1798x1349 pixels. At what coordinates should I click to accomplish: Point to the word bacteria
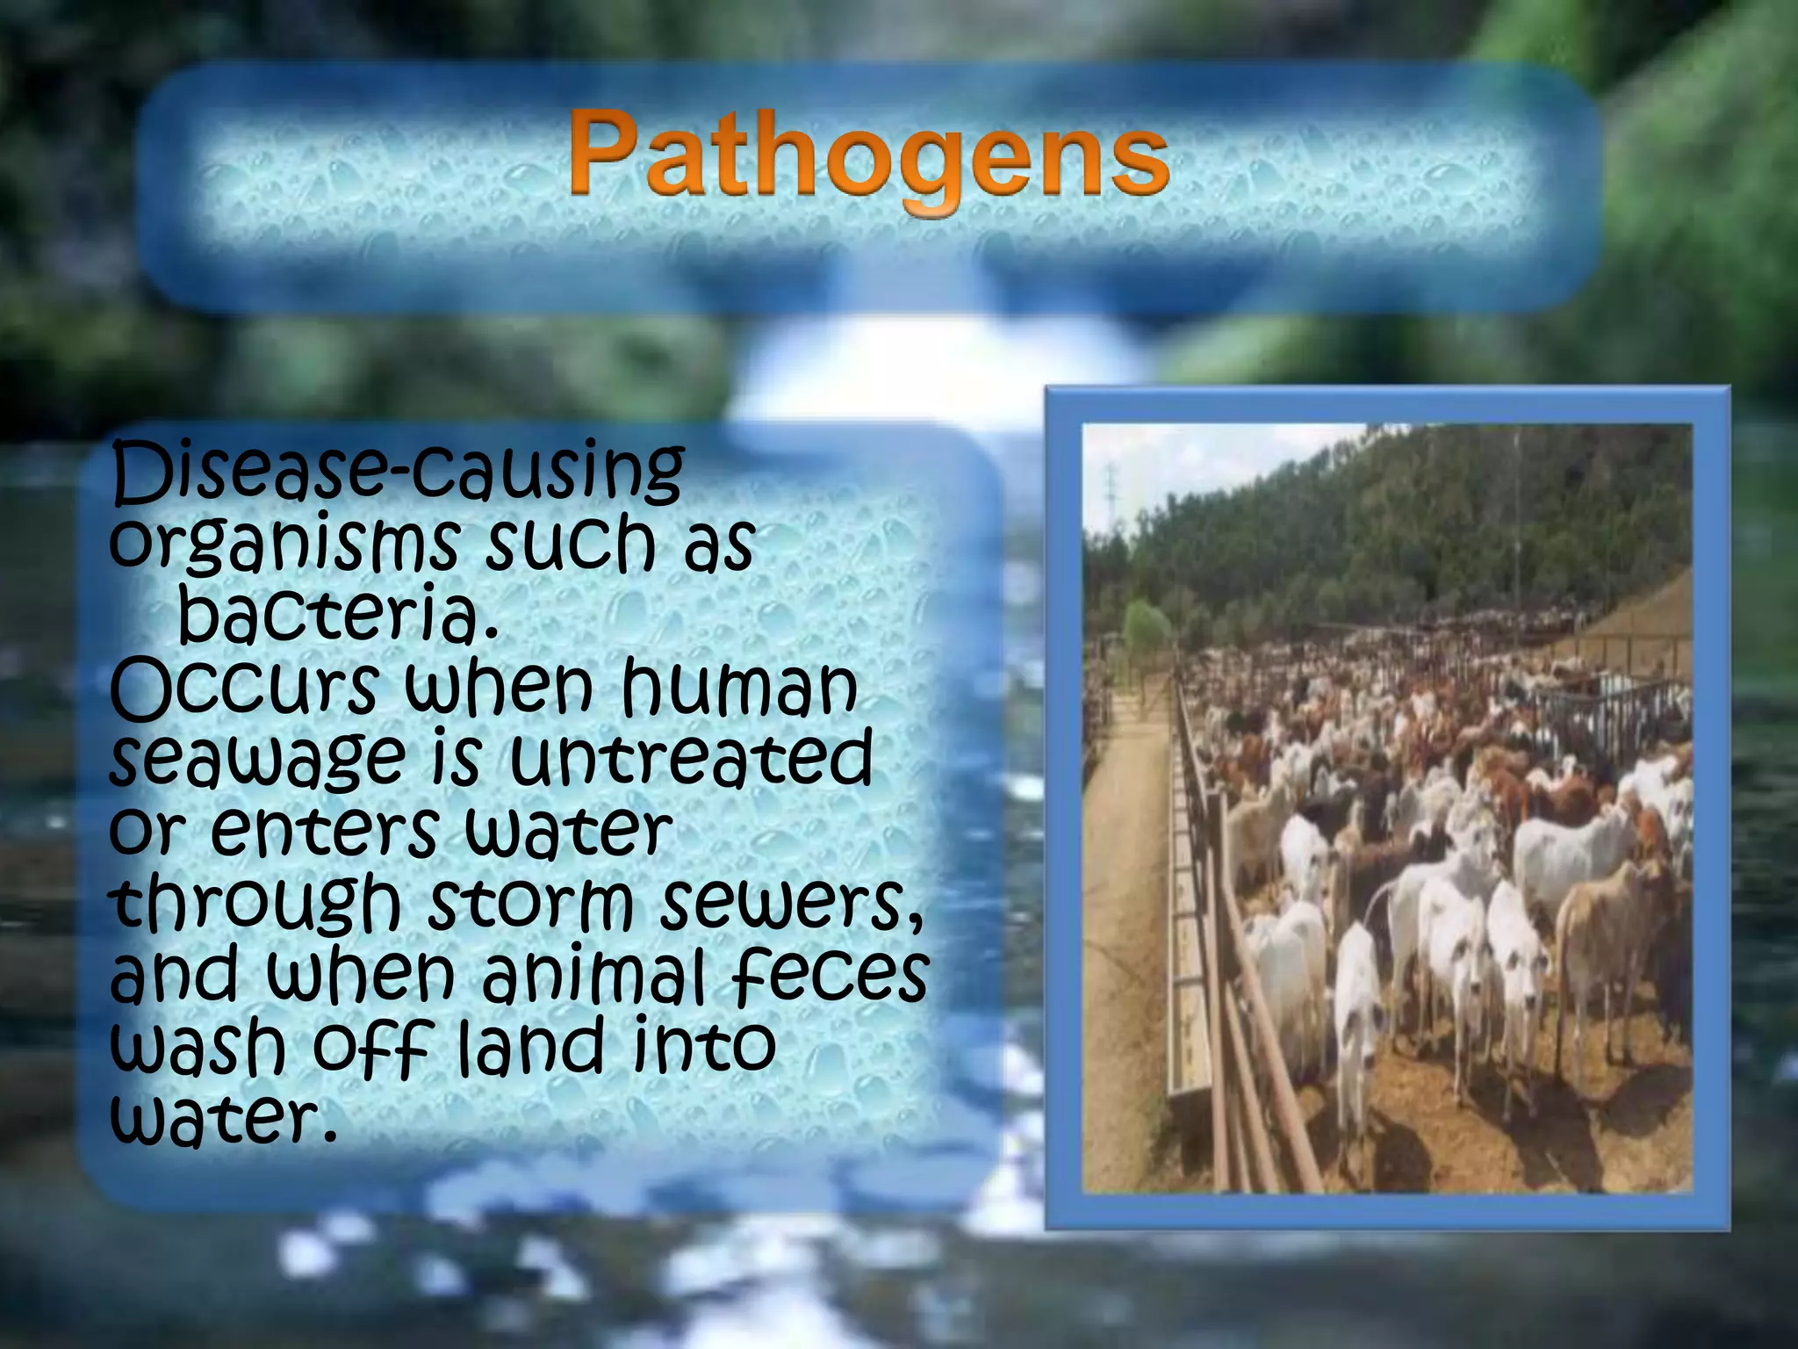tap(339, 615)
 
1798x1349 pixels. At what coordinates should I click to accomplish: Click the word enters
tap(325, 830)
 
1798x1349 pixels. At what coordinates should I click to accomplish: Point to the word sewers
tap(790, 905)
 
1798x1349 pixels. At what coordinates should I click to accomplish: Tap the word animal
tap(593, 975)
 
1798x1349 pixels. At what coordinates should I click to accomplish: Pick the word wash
tap(198, 1047)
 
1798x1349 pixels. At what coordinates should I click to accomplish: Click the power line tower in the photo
tap(1111, 492)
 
